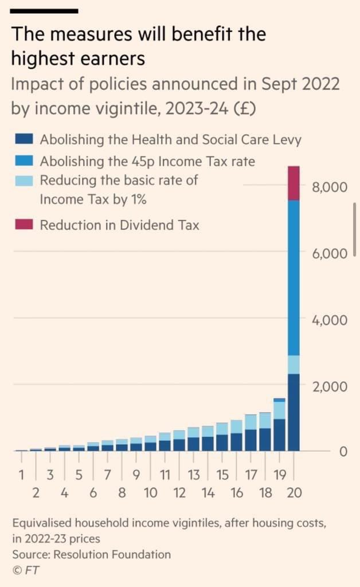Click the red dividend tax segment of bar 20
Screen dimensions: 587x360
click(x=294, y=183)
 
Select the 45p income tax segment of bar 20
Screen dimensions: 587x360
click(x=294, y=278)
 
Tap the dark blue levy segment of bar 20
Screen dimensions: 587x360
click(x=294, y=412)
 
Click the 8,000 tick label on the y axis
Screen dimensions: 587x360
click(x=330, y=187)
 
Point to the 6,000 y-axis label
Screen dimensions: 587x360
click(x=330, y=253)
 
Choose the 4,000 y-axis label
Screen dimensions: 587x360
click(x=330, y=319)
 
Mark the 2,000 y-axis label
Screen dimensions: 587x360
click(x=330, y=386)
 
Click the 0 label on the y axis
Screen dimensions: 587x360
click(x=343, y=452)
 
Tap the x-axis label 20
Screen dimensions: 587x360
click(x=294, y=492)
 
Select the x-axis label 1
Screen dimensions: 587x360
click(x=22, y=475)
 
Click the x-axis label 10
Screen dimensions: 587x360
click(x=150, y=492)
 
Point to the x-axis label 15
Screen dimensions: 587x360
click(x=222, y=475)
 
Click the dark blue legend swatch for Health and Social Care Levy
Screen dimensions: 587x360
click(x=24, y=139)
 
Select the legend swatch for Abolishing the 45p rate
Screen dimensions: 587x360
click(x=24, y=161)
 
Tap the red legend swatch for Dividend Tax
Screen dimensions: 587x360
click(x=24, y=225)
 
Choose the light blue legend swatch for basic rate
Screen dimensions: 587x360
click(x=24, y=180)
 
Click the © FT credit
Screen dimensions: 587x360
click(x=26, y=570)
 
